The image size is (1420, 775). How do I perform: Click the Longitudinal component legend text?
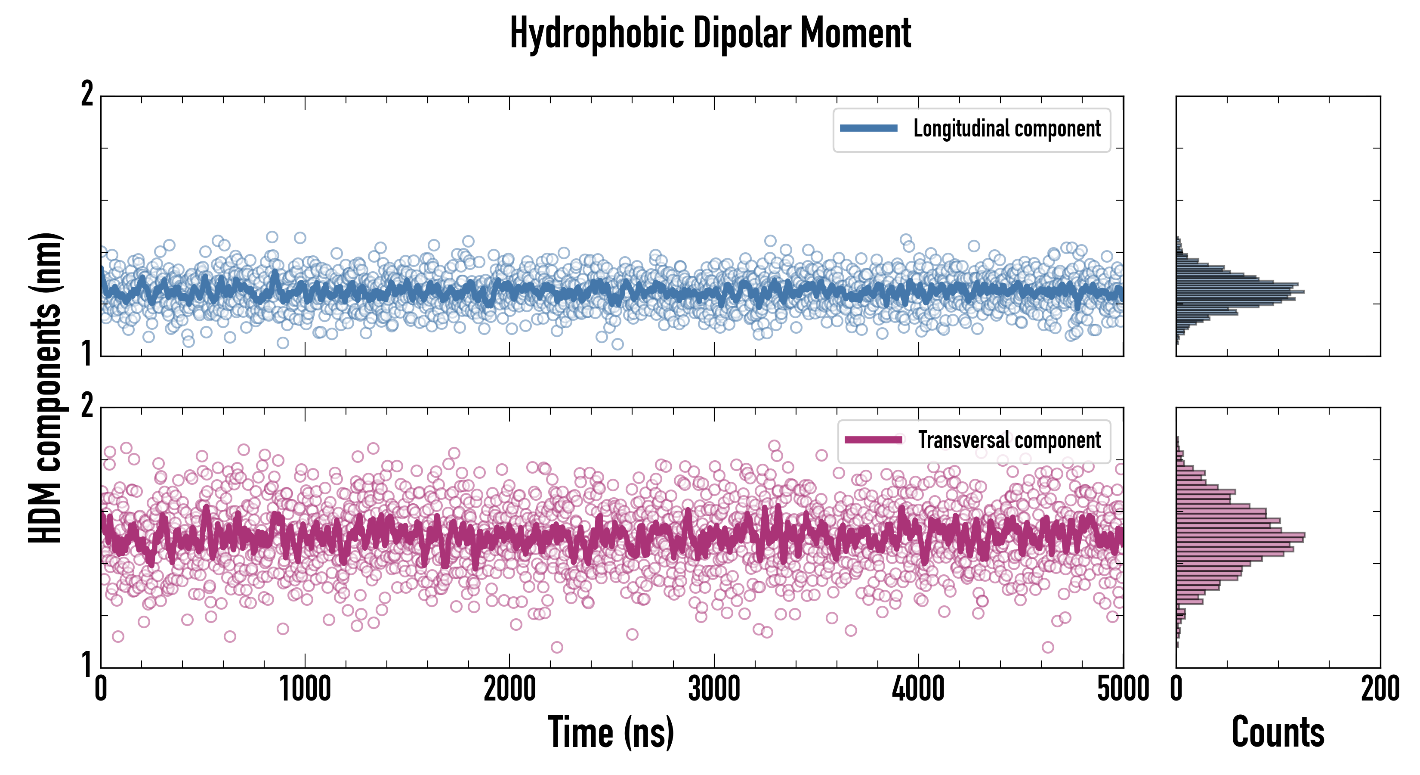pyautogui.click(x=1006, y=129)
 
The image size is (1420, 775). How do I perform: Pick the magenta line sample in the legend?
pyautogui.click(x=873, y=440)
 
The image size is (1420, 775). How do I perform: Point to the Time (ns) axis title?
pyautogui.click(x=611, y=732)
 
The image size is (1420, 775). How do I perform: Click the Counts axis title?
pyautogui.click(x=1278, y=732)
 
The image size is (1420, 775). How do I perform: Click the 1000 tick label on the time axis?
pyautogui.click(x=305, y=689)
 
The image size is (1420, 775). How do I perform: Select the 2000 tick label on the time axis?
pyautogui.click(x=509, y=689)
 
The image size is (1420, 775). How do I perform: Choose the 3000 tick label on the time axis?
pyautogui.click(x=714, y=689)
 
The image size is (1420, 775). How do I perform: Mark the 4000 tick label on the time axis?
pyautogui.click(x=918, y=689)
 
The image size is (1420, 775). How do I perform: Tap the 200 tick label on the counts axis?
pyautogui.click(x=1380, y=689)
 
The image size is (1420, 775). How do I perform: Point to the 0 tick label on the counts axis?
pyautogui.click(x=1176, y=689)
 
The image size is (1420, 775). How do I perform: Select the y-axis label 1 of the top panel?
pyautogui.click(x=86, y=353)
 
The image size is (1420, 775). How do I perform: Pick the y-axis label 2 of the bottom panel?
pyautogui.click(x=86, y=406)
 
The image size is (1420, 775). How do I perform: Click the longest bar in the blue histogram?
pyautogui.click(x=1240, y=291)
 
